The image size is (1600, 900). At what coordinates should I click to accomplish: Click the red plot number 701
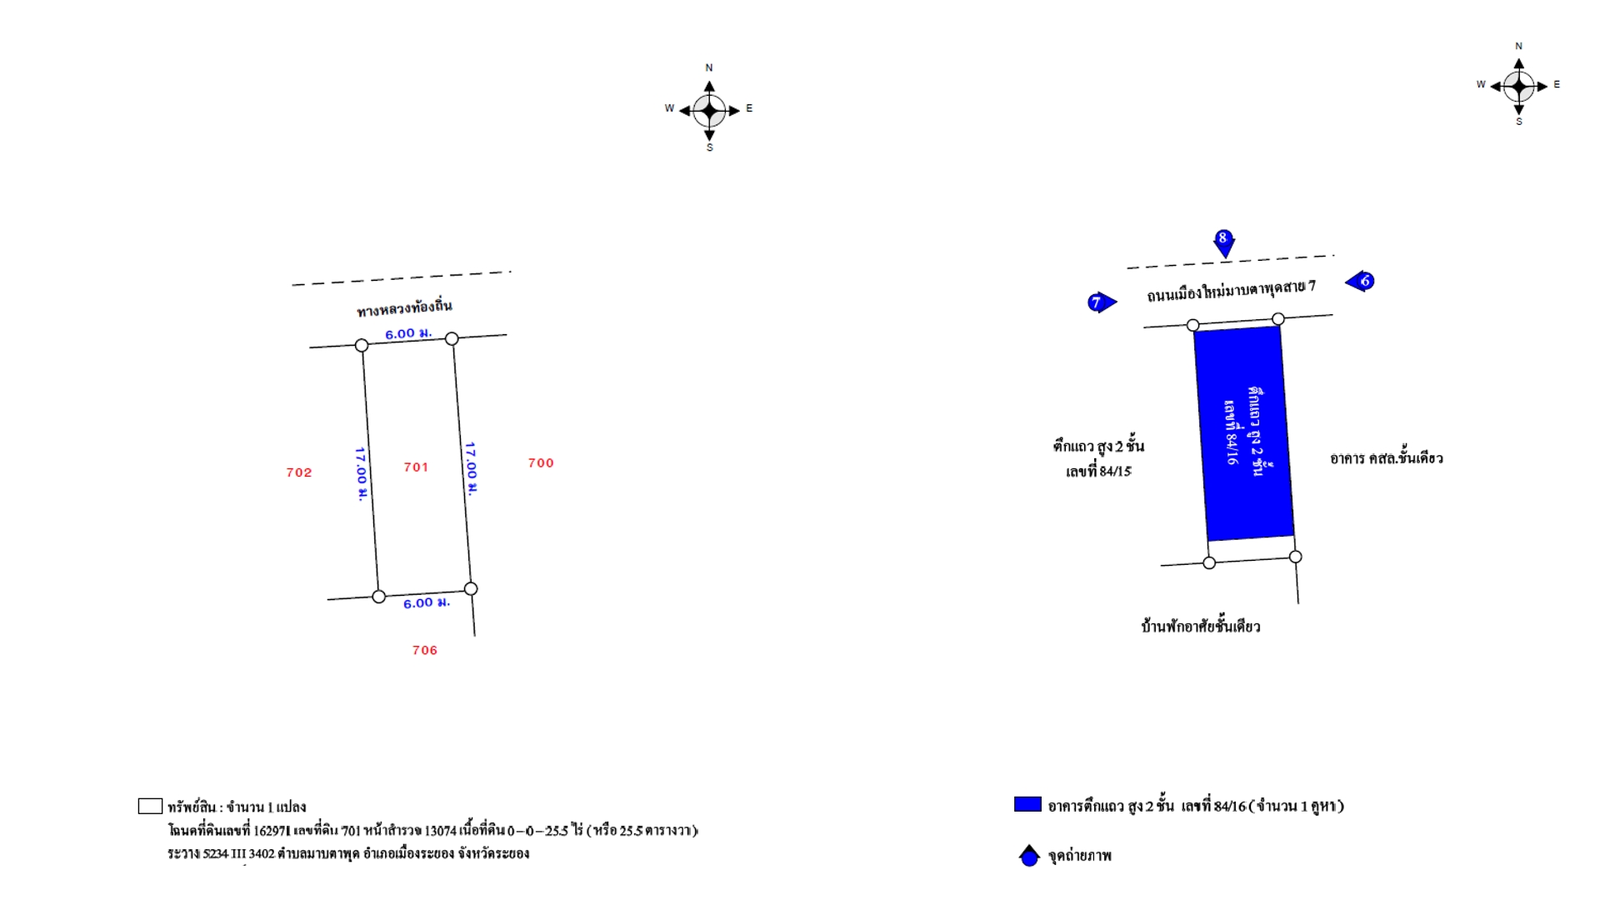click(x=416, y=467)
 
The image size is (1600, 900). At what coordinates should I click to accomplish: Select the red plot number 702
click(x=299, y=472)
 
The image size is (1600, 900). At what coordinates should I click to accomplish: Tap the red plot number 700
click(x=541, y=462)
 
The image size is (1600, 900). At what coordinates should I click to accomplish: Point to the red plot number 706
click(x=425, y=650)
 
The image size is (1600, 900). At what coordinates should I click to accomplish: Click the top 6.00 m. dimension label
click(x=408, y=333)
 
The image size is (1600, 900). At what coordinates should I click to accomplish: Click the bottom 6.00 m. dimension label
click(x=427, y=602)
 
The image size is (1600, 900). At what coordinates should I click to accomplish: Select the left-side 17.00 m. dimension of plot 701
click(x=361, y=473)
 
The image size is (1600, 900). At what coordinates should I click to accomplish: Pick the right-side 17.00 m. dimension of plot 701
click(x=471, y=468)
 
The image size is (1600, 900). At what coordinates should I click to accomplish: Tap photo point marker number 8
click(x=1223, y=242)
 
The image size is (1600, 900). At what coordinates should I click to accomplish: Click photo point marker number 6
click(x=1361, y=281)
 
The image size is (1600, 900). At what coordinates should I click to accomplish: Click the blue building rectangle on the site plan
click(x=1244, y=433)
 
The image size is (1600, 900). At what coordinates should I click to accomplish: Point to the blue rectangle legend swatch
click(x=1027, y=804)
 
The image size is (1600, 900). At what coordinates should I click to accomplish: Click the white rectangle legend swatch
click(x=150, y=806)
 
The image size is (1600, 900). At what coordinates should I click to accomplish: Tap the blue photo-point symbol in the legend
click(x=1030, y=855)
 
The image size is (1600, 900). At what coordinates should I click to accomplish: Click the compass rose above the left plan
click(x=709, y=110)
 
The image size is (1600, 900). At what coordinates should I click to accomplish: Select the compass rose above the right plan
click(x=1519, y=85)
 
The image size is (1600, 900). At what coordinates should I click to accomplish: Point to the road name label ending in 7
click(x=1231, y=291)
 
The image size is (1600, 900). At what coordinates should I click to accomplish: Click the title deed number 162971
click(x=272, y=831)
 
